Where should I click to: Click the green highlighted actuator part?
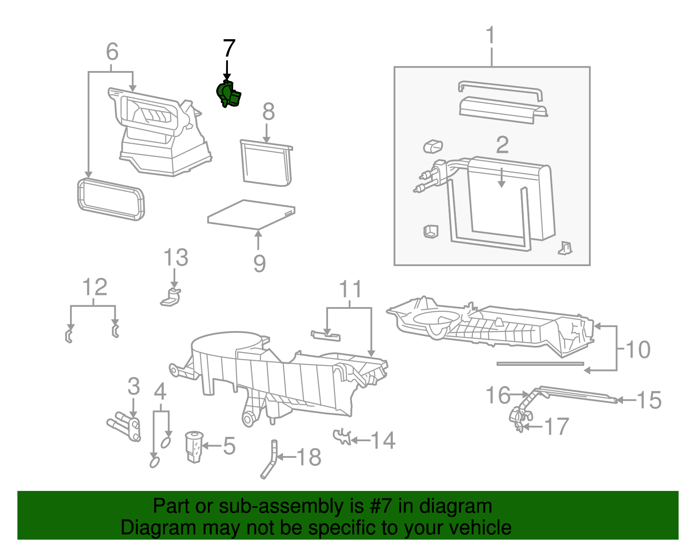(228, 94)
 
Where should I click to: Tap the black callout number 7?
(229, 48)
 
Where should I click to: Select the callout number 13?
(176, 257)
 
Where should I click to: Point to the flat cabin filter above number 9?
(251, 214)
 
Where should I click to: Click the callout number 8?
(268, 112)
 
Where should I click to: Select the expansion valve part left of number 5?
(194, 446)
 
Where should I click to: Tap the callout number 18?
(309, 457)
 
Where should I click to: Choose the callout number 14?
(383, 440)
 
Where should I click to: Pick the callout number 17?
(556, 426)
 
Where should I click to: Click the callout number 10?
(638, 349)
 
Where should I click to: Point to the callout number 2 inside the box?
(502, 145)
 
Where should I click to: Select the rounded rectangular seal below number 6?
(111, 199)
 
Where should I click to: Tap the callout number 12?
(95, 287)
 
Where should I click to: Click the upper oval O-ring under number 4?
(166, 442)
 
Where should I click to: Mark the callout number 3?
(134, 386)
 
